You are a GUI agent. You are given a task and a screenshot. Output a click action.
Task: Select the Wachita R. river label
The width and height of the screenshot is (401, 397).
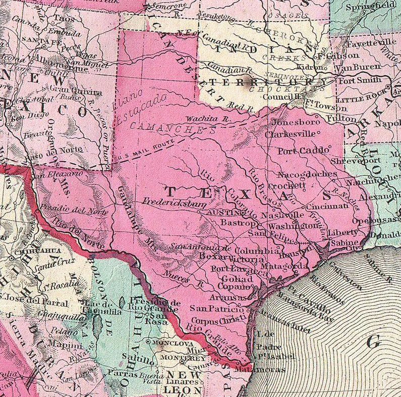201,118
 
